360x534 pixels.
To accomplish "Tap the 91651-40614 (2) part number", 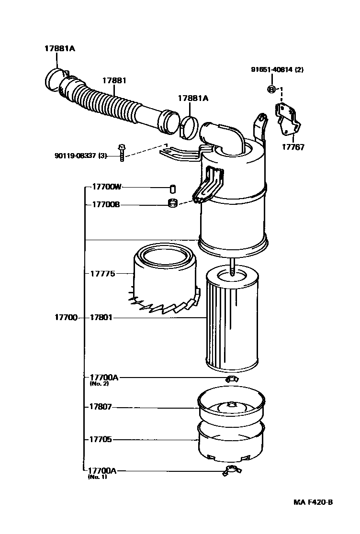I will point(277,69).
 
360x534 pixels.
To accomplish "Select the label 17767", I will point(292,147).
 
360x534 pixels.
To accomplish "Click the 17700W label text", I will point(102,188).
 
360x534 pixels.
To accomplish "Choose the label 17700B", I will point(102,204).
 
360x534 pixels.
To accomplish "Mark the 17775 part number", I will point(102,274).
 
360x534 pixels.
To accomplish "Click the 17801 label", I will point(101,317).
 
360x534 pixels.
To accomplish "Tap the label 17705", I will point(101,439).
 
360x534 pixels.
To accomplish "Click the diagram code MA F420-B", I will point(313,502).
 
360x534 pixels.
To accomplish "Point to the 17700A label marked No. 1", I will point(103,471).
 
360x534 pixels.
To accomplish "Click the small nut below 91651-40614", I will point(271,89).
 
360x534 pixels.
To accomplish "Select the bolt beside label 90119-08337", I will point(122,153).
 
